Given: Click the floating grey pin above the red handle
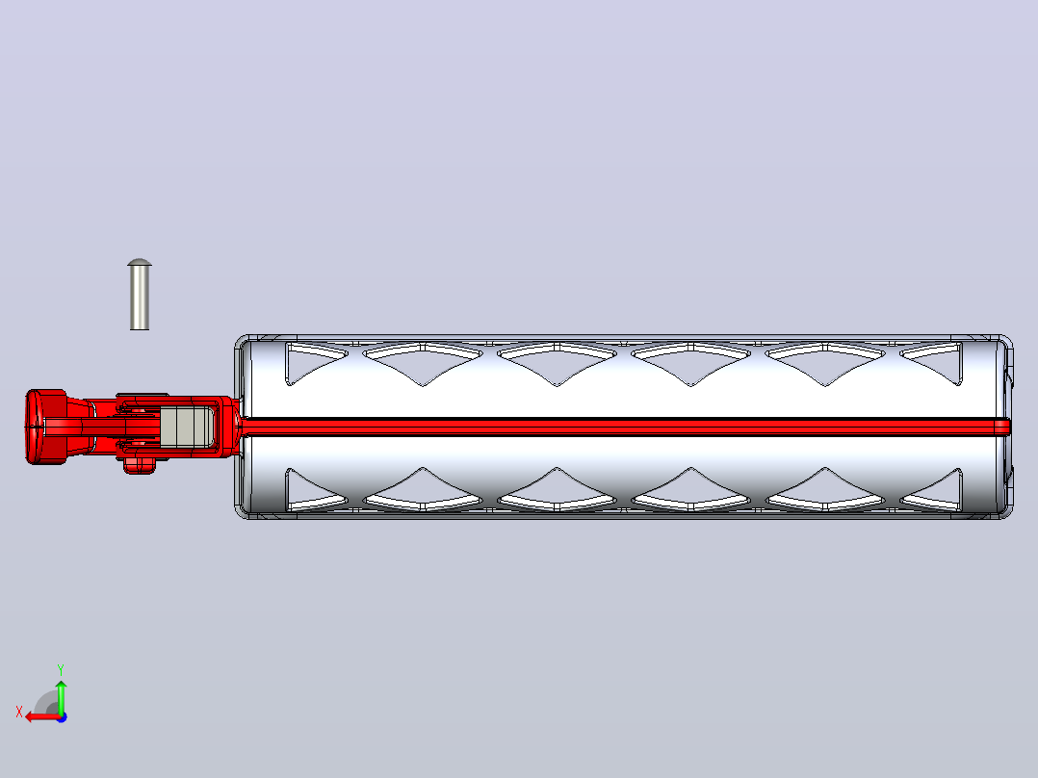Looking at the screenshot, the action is coord(139,295).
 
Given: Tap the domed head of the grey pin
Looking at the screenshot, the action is coord(139,262).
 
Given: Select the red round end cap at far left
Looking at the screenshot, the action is coord(45,428).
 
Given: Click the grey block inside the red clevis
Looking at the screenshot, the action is coord(186,426).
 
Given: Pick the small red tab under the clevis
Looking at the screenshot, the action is coord(139,465).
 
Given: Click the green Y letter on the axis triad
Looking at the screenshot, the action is coord(61,669).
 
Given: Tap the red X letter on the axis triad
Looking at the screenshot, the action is coord(19,713).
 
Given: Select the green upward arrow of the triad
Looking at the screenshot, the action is coord(61,697).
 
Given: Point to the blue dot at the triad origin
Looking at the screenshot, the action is coord(62,717).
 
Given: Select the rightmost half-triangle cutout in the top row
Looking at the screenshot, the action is coord(936,361).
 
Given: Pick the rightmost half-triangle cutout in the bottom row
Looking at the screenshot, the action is coord(936,491).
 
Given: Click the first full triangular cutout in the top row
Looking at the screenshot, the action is coord(423,361).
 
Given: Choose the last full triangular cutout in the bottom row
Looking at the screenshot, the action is coord(825,491).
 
